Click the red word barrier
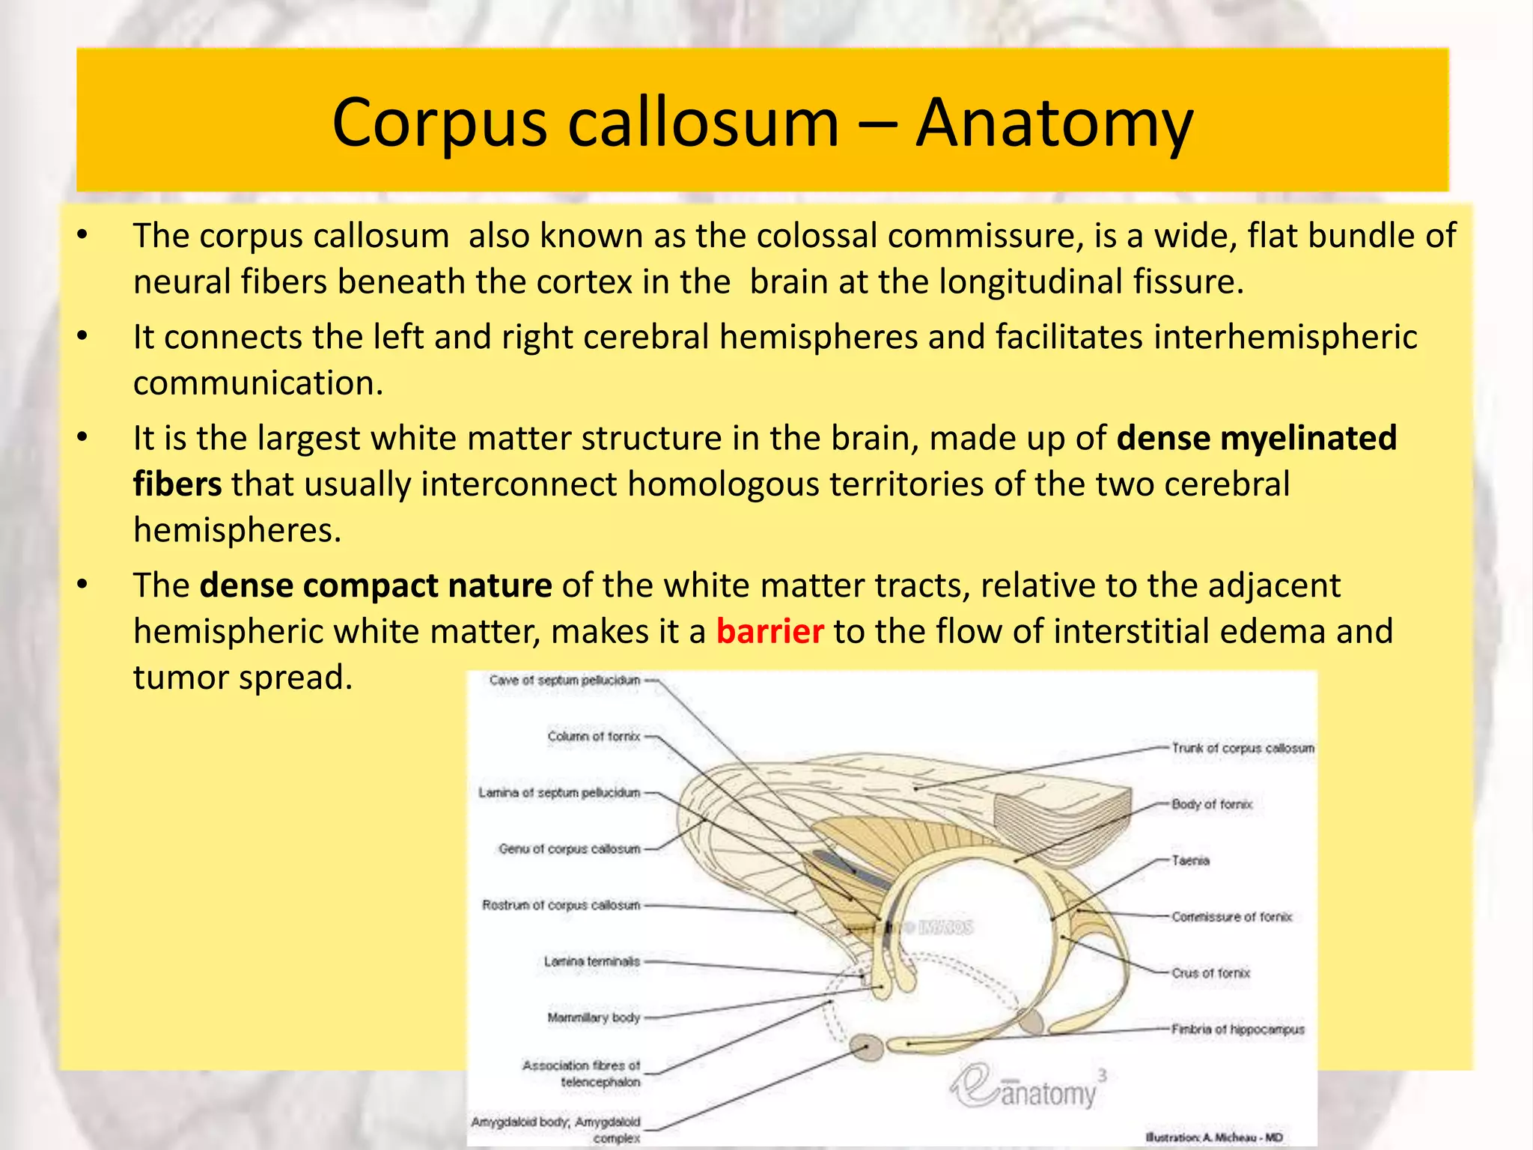tap(769, 631)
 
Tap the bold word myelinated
tap(1308, 438)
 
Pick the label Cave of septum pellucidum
tap(564, 680)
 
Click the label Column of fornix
tap(594, 736)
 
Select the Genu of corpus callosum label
tap(570, 849)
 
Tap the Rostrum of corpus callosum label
tap(561, 905)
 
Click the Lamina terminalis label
tap(592, 961)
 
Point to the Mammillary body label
tap(594, 1017)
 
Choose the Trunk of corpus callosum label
tap(1243, 748)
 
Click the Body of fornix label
tap(1212, 804)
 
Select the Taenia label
tap(1190, 860)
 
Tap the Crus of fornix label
tap(1210, 973)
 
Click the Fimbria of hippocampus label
tap(1237, 1029)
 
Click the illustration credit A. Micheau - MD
tap(1213, 1137)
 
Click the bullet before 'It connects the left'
tap(82, 337)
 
